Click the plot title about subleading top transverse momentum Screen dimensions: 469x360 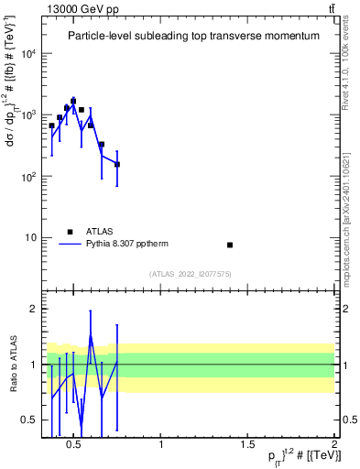click(193, 36)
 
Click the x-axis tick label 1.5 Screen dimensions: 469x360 click(247, 445)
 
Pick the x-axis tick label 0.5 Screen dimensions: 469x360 click(75, 445)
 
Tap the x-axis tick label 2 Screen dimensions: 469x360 click(333, 445)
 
